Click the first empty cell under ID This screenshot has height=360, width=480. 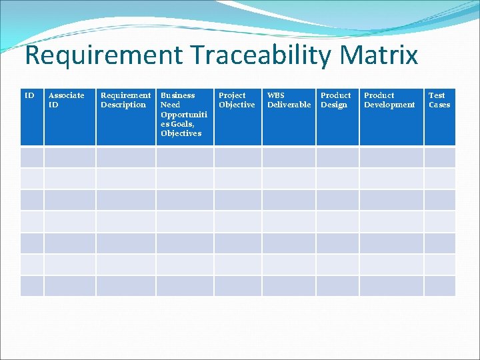[32, 157]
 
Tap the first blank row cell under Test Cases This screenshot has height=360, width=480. [439, 157]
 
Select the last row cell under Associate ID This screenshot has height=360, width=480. [70, 286]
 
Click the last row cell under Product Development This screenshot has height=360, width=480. [391, 286]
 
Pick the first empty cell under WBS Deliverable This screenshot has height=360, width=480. [289, 157]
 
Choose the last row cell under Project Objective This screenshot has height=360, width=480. [237, 286]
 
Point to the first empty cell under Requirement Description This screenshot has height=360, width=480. [126, 157]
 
